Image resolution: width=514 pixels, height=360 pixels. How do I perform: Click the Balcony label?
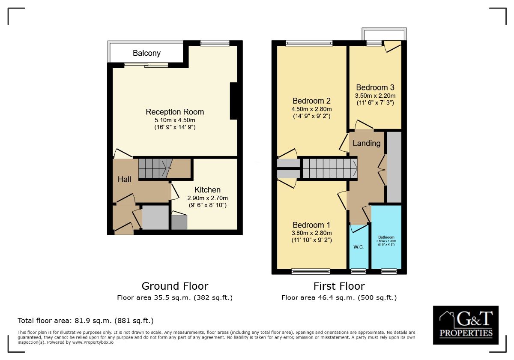click(146, 53)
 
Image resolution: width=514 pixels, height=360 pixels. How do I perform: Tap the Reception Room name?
click(175, 112)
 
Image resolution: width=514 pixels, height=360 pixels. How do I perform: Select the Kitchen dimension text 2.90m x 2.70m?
click(208, 198)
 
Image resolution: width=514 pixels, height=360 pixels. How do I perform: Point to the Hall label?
click(124, 179)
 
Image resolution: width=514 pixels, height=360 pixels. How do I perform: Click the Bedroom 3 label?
click(375, 87)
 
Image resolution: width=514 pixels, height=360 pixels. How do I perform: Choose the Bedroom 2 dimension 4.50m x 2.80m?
click(312, 109)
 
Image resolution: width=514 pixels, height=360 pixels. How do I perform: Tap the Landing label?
click(367, 143)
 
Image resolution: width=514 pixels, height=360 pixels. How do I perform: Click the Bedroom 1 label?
click(311, 225)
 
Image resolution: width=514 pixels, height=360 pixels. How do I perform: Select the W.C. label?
click(359, 247)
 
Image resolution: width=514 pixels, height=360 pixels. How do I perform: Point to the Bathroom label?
click(386, 237)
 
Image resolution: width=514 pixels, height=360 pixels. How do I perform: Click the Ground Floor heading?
click(175, 286)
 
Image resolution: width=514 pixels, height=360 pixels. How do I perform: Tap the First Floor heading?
click(339, 286)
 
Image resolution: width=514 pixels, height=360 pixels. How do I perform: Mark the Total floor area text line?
click(86, 321)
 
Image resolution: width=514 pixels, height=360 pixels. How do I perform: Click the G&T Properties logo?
click(466, 325)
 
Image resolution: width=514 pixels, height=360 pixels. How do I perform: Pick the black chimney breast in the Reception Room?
click(234, 101)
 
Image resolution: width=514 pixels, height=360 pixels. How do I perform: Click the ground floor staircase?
click(155, 168)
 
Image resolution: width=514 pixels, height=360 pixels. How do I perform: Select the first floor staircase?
click(330, 168)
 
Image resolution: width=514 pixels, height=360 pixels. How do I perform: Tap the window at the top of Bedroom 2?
click(309, 43)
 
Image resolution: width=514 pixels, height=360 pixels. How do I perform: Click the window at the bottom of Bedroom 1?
click(311, 272)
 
